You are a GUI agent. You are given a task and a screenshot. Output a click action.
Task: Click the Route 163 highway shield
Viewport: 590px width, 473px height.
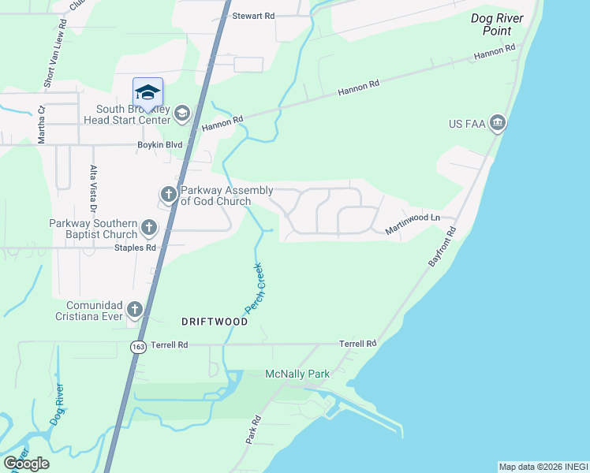(x=139, y=348)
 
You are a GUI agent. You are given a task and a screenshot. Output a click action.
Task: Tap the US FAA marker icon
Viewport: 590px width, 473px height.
(x=498, y=123)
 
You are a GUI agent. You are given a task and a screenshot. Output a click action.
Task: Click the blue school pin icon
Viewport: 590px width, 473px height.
(x=147, y=94)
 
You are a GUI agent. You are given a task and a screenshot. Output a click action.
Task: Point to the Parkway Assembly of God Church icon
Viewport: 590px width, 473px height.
(x=168, y=194)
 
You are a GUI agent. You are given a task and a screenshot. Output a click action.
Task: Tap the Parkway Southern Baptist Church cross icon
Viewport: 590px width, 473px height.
(x=148, y=229)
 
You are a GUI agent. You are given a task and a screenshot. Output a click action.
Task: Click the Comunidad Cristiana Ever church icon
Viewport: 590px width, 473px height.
(x=135, y=310)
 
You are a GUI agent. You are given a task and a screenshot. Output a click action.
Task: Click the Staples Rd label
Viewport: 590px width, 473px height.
(x=135, y=248)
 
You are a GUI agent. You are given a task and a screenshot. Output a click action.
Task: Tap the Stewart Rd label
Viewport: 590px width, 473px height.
(x=252, y=15)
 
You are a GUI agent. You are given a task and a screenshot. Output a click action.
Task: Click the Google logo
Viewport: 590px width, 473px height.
(x=26, y=463)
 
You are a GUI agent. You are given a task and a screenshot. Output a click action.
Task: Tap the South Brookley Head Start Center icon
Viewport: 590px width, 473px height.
(x=182, y=114)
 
